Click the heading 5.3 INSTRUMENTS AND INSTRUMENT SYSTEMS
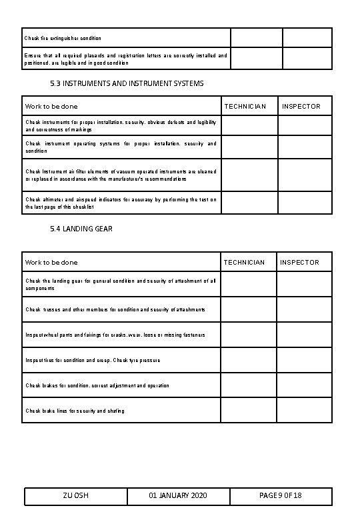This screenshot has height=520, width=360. point(127,83)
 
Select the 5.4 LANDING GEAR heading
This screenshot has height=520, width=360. point(81,229)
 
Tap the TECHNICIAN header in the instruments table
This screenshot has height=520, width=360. point(245,107)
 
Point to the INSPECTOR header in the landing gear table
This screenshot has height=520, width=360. point(300,263)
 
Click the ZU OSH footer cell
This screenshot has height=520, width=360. point(76,496)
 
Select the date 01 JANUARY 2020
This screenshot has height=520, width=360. point(178,496)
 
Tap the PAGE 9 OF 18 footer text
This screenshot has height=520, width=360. point(281,496)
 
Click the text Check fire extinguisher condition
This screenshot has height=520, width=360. point(63,38)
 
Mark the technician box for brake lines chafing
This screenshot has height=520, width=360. point(248,411)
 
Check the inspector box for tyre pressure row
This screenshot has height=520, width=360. point(304,360)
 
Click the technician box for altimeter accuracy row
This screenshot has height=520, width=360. point(249,203)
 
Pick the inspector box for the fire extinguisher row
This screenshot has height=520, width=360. point(307,38)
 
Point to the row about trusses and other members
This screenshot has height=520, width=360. point(115,309)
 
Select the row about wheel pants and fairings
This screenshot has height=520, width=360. point(115,335)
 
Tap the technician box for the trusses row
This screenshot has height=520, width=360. point(248,309)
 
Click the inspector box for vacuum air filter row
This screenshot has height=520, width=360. point(304,175)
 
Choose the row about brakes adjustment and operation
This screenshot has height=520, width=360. point(97,385)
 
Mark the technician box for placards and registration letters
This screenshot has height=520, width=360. point(256,59)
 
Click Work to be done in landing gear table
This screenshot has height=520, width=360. point(51,263)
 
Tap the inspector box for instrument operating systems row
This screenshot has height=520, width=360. point(304,147)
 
